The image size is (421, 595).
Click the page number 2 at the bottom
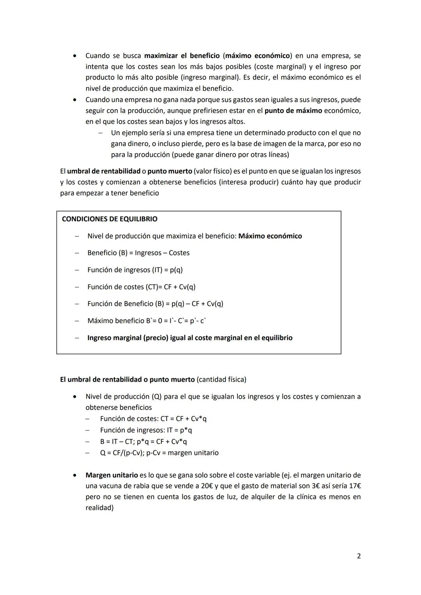coord(359,556)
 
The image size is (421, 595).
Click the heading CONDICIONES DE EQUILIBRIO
coord(110,219)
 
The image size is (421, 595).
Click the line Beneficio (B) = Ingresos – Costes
coord(138,253)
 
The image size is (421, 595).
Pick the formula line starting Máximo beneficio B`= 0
coord(147,321)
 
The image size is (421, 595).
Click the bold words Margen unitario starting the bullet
coord(111,475)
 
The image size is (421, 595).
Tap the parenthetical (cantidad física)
coord(221,379)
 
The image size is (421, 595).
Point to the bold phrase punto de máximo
coord(293,111)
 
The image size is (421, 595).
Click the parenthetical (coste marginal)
coord(280,67)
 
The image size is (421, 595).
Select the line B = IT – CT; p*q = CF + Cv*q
coord(143,442)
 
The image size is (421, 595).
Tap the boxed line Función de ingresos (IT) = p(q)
coord(135,270)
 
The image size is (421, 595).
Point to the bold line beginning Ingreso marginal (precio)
coord(189,338)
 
